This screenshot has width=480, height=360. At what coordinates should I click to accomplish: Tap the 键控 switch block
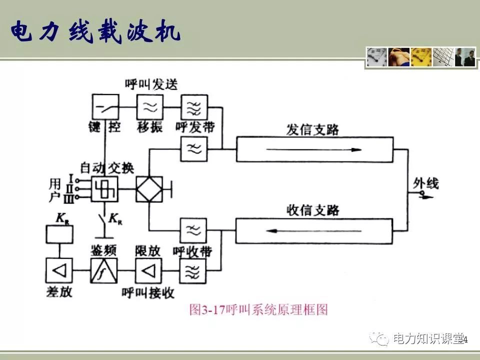[105, 106]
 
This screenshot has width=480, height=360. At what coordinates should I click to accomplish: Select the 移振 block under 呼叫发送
[150, 106]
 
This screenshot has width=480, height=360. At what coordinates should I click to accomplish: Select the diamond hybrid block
[149, 189]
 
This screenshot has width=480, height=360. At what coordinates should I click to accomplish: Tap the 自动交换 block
[104, 189]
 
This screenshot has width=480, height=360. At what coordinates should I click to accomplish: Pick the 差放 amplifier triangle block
[59, 271]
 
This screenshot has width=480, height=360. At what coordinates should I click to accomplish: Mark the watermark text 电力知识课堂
[428, 339]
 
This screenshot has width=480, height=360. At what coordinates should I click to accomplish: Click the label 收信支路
[312, 210]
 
